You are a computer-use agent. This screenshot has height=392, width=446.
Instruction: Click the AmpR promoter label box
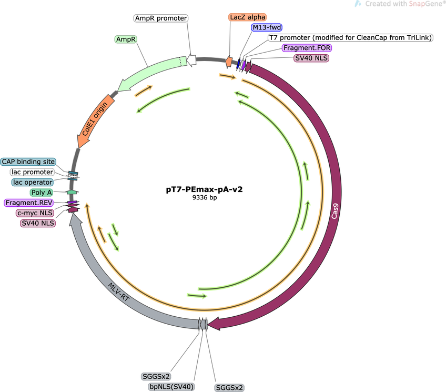point(161,18)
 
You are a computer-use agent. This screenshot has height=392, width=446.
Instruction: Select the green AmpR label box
point(126,39)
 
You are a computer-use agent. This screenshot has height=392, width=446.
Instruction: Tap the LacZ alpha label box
point(248,17)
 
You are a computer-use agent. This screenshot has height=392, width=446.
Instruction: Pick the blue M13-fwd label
point(267,27)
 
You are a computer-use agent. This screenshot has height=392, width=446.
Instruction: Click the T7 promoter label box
point(350,37)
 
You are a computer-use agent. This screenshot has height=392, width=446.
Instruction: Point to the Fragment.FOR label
point(307,48)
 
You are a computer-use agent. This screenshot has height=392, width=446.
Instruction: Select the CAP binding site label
point(28,162)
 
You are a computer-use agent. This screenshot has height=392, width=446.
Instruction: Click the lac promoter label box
point(32,172)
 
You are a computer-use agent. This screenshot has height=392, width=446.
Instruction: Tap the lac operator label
point(33,182)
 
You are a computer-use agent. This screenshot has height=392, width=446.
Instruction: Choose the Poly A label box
point(42,192)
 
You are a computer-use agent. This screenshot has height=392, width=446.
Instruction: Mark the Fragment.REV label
point(29,203)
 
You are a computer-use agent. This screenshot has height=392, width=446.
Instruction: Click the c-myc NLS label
point(35,213)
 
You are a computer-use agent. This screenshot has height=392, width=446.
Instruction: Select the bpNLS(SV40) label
point(171,387)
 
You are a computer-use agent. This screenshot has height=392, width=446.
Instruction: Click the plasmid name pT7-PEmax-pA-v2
point(204,189)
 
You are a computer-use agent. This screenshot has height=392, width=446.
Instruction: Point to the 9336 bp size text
point(205,197)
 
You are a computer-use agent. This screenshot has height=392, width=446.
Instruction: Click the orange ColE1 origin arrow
point(95,121)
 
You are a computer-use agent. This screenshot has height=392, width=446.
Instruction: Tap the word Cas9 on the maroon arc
point(334,211)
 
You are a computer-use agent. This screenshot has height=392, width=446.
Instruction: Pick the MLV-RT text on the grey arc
point(119,292)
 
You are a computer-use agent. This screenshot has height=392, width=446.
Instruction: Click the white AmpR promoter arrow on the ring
point(192,60)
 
